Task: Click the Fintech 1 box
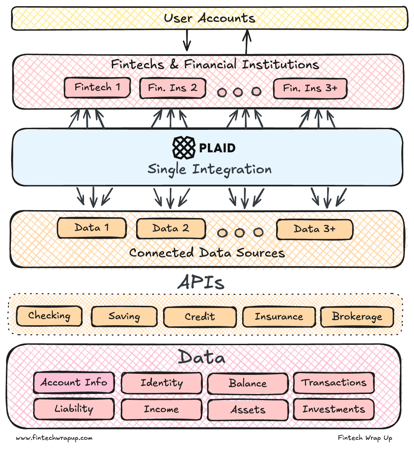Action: (97, 87)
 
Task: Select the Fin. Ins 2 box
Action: (173, 88)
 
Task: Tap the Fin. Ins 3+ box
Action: (310, 89)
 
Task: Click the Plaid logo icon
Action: (184, 148)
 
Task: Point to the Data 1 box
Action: (92, 228)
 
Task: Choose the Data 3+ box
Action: (314, 229)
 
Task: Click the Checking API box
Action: (49, 316)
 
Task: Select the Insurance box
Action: (279, 317)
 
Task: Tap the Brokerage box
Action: (357, 317)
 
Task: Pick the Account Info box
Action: (74, 382)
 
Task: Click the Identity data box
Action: (162, 383)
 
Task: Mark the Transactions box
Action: (334, 383)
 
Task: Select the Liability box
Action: (74, 409)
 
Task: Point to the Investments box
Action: (334, 409)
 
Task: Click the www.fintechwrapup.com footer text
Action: (54, 438)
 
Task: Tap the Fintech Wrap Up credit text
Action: (365, 438)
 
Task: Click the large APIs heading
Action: (201, 283)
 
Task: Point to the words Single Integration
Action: (210, 169)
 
